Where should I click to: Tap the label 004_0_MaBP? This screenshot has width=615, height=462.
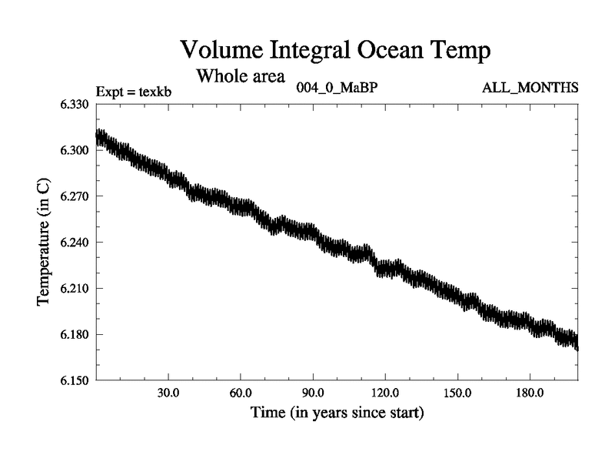(x=337, y=87)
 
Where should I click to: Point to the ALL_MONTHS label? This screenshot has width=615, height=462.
(x=530, y=87)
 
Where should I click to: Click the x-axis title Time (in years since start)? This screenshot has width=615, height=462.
(x=337, y=413)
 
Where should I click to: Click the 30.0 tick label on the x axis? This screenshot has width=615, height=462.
(x=168, y=393)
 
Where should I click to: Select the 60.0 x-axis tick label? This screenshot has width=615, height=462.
(x=241, y=393)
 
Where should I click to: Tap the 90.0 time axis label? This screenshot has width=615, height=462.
(x=313, y=393)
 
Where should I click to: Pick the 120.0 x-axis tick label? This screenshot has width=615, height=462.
(x=385, y=393)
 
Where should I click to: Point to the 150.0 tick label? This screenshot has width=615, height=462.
(x=457, y=393)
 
